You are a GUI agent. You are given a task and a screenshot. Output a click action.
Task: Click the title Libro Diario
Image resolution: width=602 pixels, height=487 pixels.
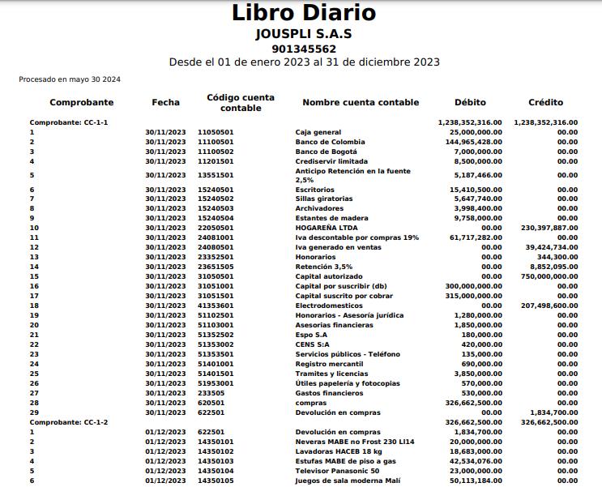304,13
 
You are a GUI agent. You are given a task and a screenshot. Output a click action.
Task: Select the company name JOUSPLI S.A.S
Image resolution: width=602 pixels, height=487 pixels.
304,34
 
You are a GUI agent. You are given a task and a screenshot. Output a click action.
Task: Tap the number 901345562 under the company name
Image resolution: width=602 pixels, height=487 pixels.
304,49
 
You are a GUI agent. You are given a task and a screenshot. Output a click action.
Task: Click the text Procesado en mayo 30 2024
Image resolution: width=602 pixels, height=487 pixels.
70,79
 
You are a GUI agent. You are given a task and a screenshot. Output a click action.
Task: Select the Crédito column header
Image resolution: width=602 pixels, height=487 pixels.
545,103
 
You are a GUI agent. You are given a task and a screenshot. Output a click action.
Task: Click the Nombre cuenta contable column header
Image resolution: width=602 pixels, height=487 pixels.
361,103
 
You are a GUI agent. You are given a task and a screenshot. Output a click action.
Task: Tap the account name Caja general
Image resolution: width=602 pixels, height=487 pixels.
318,132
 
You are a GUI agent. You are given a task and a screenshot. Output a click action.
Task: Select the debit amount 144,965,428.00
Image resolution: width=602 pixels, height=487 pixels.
474,142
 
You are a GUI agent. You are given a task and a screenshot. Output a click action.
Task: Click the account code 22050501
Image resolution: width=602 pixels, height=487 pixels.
216,228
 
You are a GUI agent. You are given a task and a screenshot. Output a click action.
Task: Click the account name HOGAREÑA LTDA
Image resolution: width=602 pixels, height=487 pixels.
323,228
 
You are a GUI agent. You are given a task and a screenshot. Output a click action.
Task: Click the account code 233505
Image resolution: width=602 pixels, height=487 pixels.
211,393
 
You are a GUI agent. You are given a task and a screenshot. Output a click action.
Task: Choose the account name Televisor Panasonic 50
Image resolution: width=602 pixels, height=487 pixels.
337,471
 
